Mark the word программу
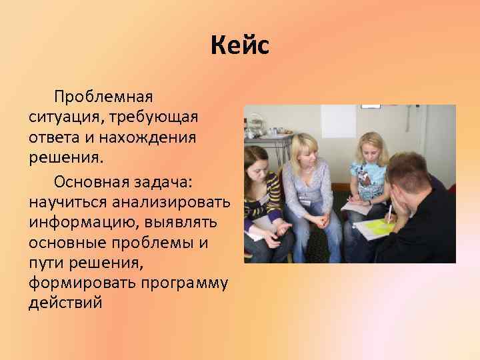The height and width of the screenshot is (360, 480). (184, 284)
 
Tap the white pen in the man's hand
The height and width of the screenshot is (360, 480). (389, 212)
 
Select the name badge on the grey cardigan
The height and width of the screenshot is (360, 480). (305, 198)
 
